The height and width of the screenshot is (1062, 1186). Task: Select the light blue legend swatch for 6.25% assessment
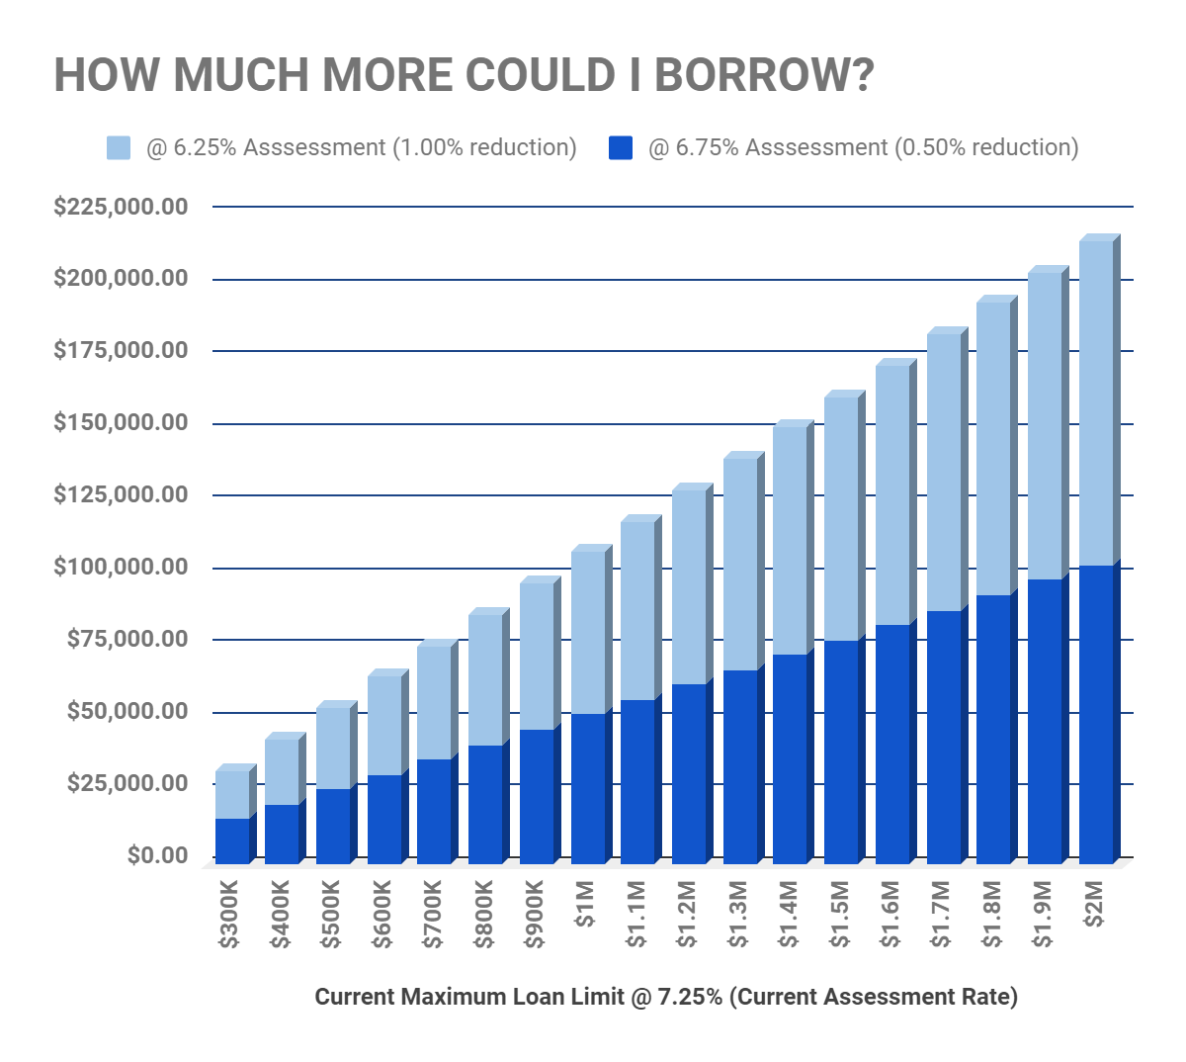pyautogui.click(x=119, y=148)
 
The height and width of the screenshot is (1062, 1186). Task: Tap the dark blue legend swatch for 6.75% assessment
pyautogui.click(x=621, y=148)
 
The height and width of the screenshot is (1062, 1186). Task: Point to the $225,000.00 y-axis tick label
pyautogui.click(x=121, y=207)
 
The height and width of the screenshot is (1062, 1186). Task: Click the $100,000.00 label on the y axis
pyautogui.click(x=121, y=568)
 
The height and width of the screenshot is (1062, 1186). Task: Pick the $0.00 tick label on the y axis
pyautogui.click(x=157, y=855)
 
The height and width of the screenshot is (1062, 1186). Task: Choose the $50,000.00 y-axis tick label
pyautogui.click(x=127, y=711)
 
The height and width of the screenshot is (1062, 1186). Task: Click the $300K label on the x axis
pyautogui.click(x=230, y=919)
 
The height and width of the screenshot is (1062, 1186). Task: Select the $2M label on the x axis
pyautogui.click(x=1095, y=906)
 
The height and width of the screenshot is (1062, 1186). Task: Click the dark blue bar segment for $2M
pyautogui.click(x=1096, y=712)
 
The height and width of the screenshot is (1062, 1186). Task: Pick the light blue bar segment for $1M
pyautogui.click(x=588, y=633)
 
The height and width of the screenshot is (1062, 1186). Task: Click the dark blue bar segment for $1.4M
pyautogui.click(x=790, y=756)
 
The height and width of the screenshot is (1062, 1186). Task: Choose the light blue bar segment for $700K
pyautogui.click(x=434, y=703)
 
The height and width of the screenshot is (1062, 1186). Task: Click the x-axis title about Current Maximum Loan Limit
pyautogui.click(x=666, y=997)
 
